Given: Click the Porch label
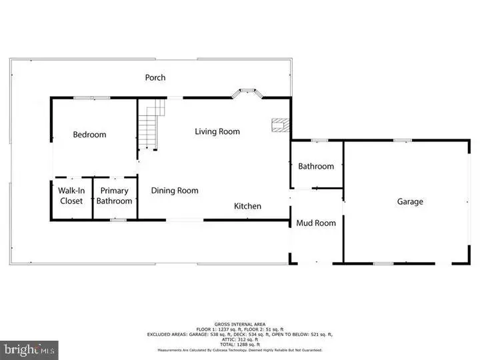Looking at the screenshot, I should (155, 77).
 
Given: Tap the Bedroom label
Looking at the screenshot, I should (89, 135).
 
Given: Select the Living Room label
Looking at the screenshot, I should (217, 131).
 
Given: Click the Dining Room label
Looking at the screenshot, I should (175, 191).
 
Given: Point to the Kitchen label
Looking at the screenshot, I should (247, 206).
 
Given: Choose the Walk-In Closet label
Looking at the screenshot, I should (71, 195).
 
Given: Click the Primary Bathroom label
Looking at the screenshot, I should (114, 195).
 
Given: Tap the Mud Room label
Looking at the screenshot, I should (316, 223).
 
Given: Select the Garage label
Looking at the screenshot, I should (410, 201).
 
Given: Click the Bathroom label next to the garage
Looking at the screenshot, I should (316, 166).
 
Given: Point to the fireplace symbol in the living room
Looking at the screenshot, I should (281, 126).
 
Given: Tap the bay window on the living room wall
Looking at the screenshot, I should (247, 93).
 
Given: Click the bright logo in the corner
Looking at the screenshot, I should (29, 349).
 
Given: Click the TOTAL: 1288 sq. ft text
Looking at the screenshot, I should (239, 344).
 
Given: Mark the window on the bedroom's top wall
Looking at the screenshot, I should (91, 98).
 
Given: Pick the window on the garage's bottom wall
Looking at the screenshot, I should (382, 263).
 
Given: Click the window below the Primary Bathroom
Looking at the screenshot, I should (118, 219).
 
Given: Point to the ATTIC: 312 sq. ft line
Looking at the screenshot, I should (239, 339).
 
